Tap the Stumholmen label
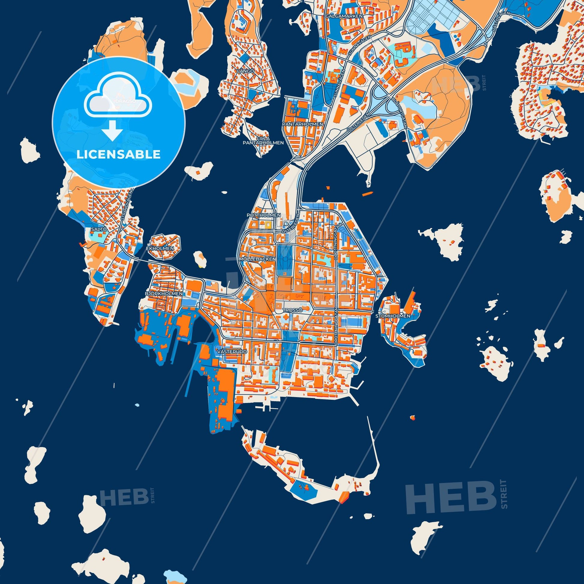tap(393, 316)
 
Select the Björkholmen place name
tap(164, 294)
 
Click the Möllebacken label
tap(257, 259)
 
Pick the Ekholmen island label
tap(160, 248)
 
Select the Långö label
tap(244, 71)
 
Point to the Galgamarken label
tap(344, 15)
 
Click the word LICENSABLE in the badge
tap(118, 155)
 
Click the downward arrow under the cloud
tap(112, 131)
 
